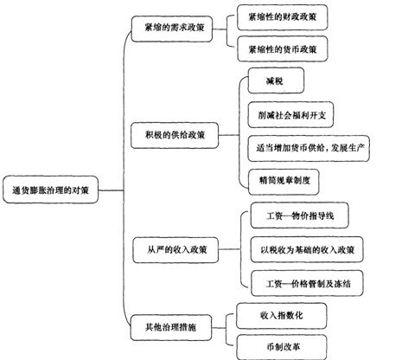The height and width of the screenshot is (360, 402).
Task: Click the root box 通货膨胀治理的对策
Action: pos(51,190)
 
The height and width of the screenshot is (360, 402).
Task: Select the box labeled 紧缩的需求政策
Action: pos(172,29)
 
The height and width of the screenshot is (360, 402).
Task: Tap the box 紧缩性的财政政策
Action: pos(283,17)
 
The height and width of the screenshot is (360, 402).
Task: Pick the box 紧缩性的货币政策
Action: pos(283,48)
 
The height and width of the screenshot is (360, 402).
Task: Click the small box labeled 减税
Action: pos(276,80)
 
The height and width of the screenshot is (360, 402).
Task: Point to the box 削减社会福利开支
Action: pos(290,114)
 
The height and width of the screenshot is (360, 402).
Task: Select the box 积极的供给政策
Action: pos(175,136)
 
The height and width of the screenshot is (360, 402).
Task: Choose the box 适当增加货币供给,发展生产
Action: pos(309,148)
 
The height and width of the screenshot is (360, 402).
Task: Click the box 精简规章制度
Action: pos(284,182)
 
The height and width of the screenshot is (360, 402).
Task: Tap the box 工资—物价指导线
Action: pos(299,215)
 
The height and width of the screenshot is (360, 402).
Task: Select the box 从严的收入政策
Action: pos(175,250)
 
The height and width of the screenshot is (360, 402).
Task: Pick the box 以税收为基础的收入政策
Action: pos(307,249)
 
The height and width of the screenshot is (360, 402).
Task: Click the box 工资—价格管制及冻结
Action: pos(307,283)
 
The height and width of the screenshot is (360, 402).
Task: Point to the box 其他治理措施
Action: pos(171,328)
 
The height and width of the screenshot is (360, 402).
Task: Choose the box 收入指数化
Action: pos(282,316)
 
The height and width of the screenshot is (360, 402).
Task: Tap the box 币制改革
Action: pos(282,347)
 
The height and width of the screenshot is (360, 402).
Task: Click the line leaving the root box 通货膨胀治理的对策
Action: pos(112,190)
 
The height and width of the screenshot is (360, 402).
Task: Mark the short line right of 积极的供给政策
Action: pos(229,135)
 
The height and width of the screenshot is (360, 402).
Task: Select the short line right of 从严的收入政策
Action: pos(229,249)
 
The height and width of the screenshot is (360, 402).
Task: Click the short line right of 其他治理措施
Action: pos(219,328)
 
